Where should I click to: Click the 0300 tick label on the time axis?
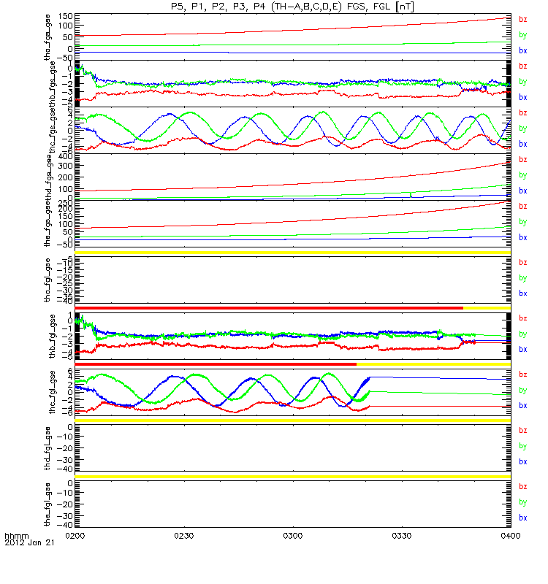click(x=292, y=535)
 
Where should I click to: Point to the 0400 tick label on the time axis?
click(x=509, y=535)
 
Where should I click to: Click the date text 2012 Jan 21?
click(x=28, y=544)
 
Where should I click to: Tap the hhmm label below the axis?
click(x=16, y=536)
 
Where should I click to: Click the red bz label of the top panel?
click(x=522, y=19)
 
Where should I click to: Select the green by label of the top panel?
click(x=522, y=34)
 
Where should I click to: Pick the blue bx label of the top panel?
click(x=522, y=50)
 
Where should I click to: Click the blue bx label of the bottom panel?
click(x=522, y=517)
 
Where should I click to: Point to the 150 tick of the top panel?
click(x=64, y=16)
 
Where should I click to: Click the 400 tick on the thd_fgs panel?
click(x=64, y=156)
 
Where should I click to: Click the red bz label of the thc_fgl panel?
click(x=522, y=374)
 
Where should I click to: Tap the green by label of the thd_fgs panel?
click(x=522, y=175)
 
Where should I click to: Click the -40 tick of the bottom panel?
click(x=64, y=524)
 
